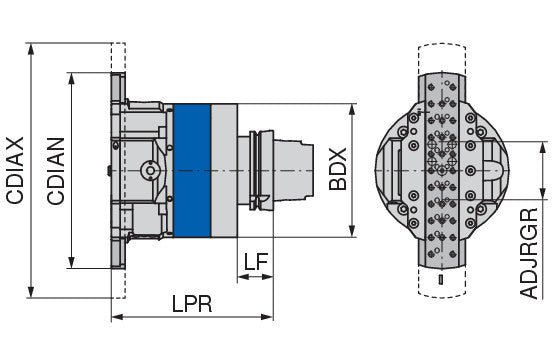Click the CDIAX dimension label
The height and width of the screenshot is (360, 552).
[15, 170]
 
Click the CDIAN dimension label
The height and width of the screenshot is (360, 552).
[56, 171]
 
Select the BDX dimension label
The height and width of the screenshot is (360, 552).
[338, 169]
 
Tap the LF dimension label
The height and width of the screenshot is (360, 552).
[256, 261]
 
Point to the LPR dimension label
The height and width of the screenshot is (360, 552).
[192, 304]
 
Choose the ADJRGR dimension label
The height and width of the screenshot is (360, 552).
[529, 253]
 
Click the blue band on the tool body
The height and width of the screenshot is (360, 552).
[192, 170]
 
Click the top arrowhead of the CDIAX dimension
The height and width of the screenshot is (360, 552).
[31, 49]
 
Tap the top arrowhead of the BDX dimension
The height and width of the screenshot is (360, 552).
[352, 109]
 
